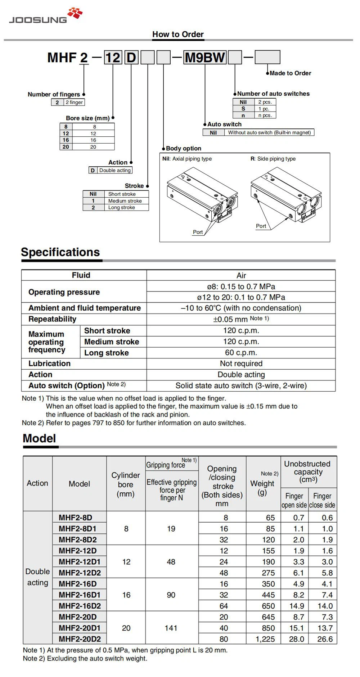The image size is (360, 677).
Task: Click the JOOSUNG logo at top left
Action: (45, 16)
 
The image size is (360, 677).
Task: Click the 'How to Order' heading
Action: (178, 34)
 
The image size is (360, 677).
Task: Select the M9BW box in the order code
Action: (204, 58)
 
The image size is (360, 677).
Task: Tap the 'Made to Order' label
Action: (290, 73)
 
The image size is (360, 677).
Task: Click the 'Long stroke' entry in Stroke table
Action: (121, 208)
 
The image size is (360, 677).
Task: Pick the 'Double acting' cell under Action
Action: (115, 170)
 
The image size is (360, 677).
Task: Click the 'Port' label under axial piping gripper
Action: (198, 232)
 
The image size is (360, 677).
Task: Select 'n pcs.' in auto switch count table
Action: (265, 116)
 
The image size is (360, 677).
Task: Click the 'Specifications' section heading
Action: (60, 252)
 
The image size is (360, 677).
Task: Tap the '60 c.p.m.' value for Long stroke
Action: (241, 353)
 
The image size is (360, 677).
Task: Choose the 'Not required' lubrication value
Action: (241, 364)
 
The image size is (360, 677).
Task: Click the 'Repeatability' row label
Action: (52, 319)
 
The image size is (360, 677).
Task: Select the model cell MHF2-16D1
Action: (80, 595)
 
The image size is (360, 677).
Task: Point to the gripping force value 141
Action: (171, 628)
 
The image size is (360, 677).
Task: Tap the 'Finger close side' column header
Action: (322, 500)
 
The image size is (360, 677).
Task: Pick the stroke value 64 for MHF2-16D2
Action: (224, 606)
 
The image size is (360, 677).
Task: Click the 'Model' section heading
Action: (39, 438)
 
